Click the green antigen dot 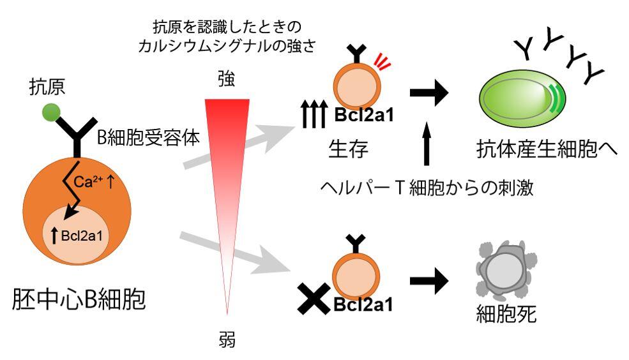(x=51, y=113)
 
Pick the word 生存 (x=347, y=149)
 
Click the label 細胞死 (x=504, y=315)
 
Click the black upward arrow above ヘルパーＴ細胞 (x=427, y=145)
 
